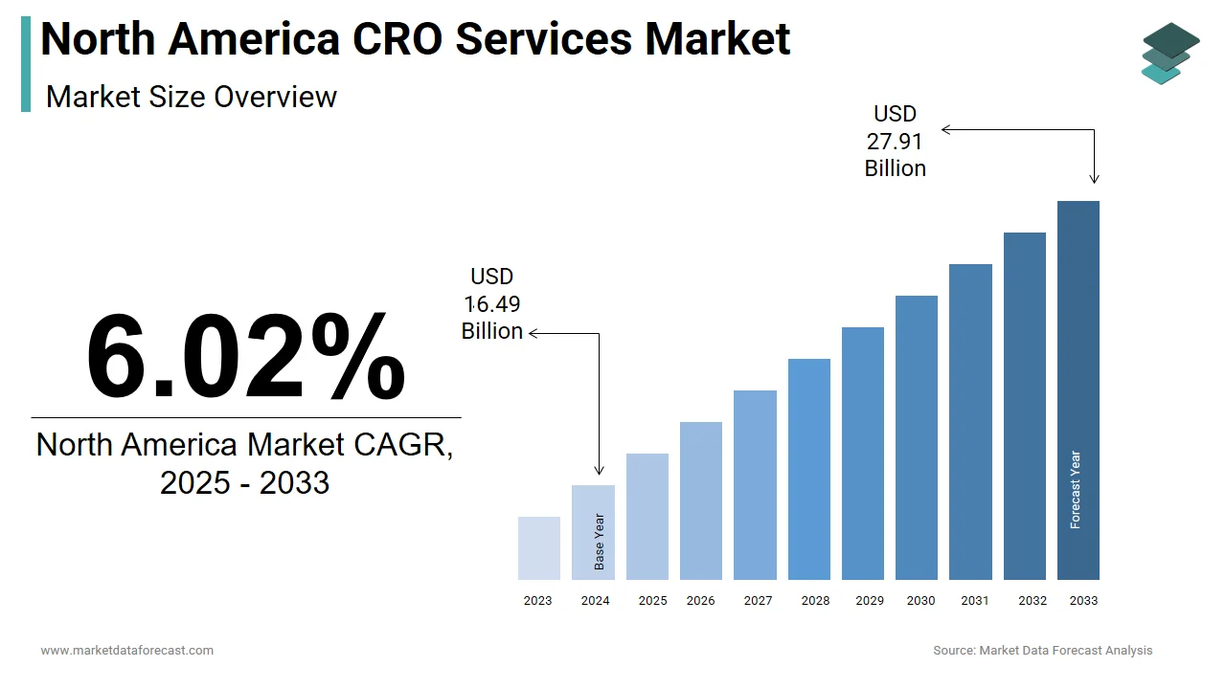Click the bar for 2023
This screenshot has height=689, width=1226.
(539, 548)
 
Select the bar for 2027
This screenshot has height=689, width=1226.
(755, 485)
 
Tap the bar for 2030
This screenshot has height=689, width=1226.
(917, 437)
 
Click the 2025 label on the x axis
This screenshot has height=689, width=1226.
(652, 601)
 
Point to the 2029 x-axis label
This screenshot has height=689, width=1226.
(870, 601)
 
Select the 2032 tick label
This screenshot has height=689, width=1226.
(1033, 601)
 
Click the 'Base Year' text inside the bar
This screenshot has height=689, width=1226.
(600, 543)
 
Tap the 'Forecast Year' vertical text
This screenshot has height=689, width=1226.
(1076, 490)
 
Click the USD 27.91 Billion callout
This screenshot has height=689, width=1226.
(896, 142)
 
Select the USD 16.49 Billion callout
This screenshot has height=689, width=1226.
(492, 304)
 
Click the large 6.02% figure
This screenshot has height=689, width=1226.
(245, 356)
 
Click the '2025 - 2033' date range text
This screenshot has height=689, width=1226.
(245, 482)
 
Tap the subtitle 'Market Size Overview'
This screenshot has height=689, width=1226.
(192, 97)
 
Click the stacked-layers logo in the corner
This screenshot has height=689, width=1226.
(1169, 53)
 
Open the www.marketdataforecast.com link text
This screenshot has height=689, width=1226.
(127, 651)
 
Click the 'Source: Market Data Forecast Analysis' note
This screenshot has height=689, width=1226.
(1043, 651)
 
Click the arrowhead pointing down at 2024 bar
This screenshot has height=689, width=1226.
(600, 470)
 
